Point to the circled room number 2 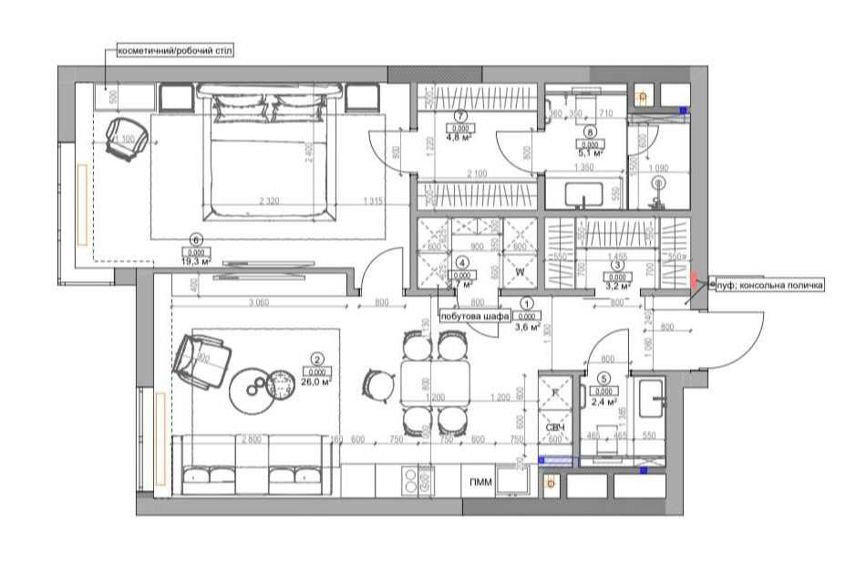click(317, 360)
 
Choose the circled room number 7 click(460, 116)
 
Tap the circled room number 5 click(604, 379)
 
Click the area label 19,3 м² click(195, 262)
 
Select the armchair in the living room click(201, 362)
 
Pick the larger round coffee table click(255, 387)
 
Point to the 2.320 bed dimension click(270, 201)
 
